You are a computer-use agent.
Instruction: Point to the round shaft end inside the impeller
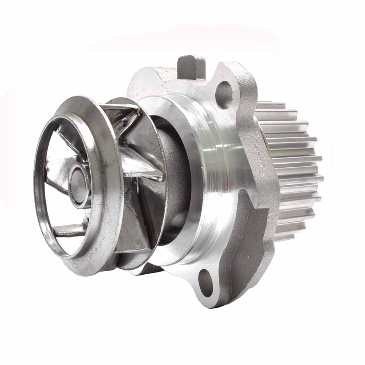point(78,181)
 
